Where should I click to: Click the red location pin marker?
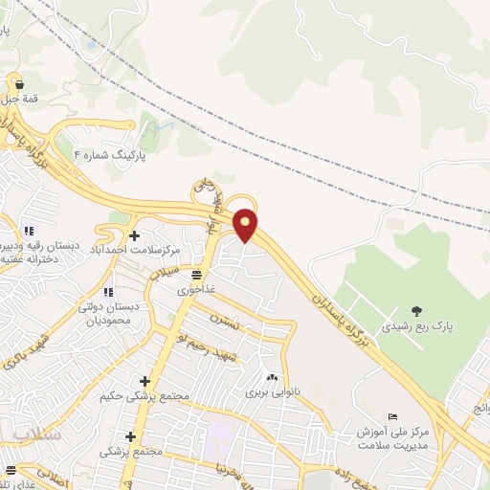(x=246, y=224)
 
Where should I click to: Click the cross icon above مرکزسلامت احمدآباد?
(x=133, y=234)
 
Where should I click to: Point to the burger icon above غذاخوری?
(x=196, y=273)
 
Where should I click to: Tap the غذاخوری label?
(x=196, y=288)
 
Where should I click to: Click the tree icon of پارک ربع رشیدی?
(x=416, y=309)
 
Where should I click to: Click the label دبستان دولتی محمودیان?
(x=106, y=314)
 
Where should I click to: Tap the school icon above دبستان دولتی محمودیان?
(x=107, y=291)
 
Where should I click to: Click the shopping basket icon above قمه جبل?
(x=18, y=83)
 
